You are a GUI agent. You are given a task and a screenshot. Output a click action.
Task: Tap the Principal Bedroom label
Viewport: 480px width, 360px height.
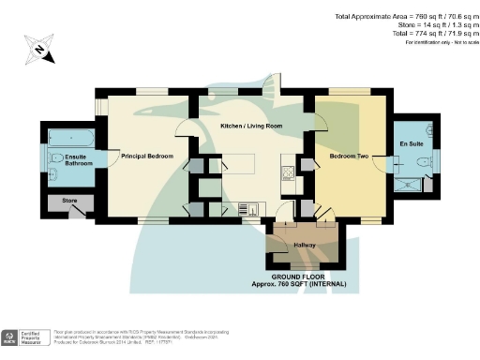[x=148, y=157]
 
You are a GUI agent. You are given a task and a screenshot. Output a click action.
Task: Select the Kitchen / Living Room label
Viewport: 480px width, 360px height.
[x=251, y=125]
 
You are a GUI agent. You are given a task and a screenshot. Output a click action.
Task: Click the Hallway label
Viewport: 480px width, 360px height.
[x=306, y=246]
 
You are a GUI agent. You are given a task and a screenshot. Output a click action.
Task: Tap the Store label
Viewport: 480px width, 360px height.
[x=68, y=200]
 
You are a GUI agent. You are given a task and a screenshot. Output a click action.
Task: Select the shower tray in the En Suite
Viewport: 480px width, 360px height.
[x=411, y=183]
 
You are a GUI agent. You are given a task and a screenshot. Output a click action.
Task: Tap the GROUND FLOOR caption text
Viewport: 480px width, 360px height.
[x=308, y=277]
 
